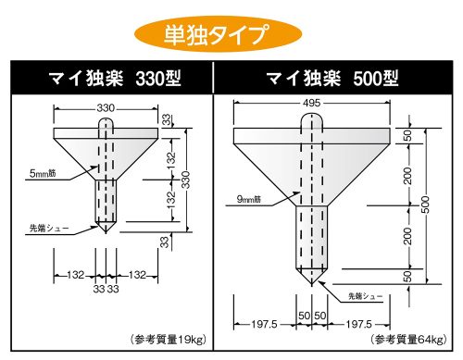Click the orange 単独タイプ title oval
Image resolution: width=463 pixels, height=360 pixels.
218,33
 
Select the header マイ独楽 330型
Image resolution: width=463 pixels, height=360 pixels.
115,79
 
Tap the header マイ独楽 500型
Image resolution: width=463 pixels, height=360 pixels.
332,79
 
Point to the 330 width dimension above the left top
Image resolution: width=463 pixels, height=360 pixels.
106,108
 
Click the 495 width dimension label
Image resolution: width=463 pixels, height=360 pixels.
312,103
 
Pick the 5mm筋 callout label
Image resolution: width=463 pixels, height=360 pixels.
43,174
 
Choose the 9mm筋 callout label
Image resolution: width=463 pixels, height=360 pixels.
249,199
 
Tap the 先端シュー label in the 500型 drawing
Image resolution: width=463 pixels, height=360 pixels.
365,296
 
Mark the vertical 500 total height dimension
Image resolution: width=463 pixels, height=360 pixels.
425,205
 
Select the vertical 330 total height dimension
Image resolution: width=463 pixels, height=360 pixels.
186,180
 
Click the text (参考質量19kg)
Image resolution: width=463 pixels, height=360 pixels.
168,340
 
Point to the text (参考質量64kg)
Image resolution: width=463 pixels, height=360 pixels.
409,340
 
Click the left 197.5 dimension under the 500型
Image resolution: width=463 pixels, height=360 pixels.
264,324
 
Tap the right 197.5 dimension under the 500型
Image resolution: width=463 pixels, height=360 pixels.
358,324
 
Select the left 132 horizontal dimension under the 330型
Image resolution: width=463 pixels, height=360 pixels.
76,275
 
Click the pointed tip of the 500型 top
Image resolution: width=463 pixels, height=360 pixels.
312,285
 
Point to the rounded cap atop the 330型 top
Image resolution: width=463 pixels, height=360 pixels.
106,123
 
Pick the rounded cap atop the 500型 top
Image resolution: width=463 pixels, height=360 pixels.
312,120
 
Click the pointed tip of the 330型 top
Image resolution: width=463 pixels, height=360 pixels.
106,232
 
